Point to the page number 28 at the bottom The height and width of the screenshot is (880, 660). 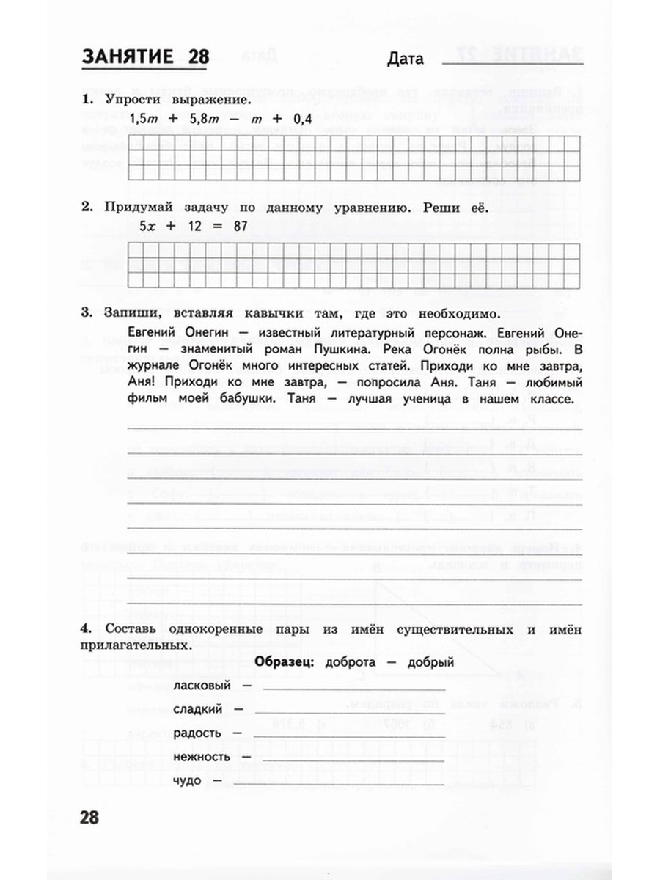pos(95,817)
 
